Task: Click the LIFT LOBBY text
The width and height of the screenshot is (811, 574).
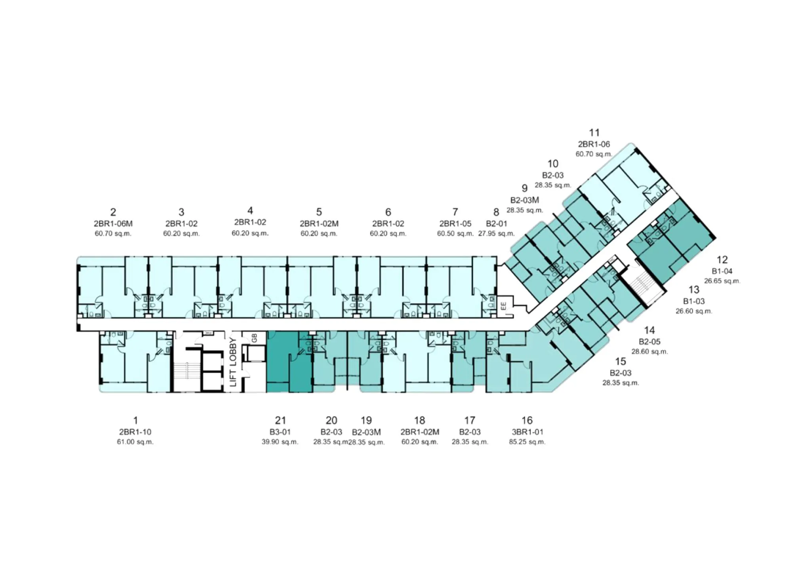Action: pyautogui.click(x=233, y=362)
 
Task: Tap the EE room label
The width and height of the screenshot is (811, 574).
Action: pyautogui.click(x=503, y=306)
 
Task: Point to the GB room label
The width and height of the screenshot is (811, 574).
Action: pyautogui.click(x=254, y=338)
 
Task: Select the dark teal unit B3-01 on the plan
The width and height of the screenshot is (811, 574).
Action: pyautogui.click(x=289, y=362)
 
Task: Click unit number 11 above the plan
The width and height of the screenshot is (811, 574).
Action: pyautogui.click(x=594, y=132)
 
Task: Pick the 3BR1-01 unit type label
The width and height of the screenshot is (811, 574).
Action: pyautogui.click(x=527, y=432)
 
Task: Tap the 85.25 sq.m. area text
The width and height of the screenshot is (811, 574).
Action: pyautogui.click(x=527, y=442)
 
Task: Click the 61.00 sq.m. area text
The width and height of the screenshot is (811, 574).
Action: pyautogui.click(x=135, y=442)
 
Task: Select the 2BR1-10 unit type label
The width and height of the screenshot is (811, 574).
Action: pyautogui.click(x=135, y=432)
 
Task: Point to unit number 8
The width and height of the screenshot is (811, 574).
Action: pyautogui.click(x=496, y=212)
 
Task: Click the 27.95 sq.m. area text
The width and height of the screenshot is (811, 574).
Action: pyautogui.click(x=496, y=233)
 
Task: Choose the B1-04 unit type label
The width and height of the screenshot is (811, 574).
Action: pyautogui.click(x=722, y=271)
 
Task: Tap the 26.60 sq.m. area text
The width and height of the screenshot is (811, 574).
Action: pyautogui.click(x=694, y=311)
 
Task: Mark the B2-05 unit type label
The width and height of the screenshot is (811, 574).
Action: pyautogui.click(x=649, y=341)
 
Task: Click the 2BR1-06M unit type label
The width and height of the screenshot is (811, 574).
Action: pyautogui.click(x=113, y=224)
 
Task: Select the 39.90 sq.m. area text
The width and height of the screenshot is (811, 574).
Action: pyautogui.click(x=280, y=442)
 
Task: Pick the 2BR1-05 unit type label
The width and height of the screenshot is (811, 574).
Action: pyautogui.click(x=455, y=224)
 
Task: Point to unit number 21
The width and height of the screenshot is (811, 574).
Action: pyautogui.click(x=280, y=420)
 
